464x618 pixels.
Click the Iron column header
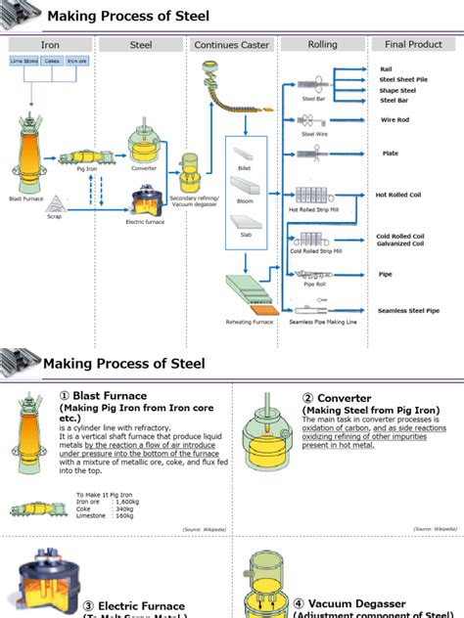(x=50, y=45)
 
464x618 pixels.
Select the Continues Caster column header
(x=231, y=45)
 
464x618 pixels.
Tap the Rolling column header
(x=322, y=44)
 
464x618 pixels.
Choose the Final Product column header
(x=413, y=44)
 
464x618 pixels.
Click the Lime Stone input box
(x=23, y=61)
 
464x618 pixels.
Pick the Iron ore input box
(x=76, y=61)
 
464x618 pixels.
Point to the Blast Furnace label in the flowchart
(x=26, y=199)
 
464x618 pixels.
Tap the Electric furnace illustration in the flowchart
(x=144, y=201)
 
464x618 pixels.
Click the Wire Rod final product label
(x=394, y=120)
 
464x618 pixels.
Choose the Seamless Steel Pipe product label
(x=408, y=311)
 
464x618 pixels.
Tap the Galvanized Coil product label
(x=399, y=244)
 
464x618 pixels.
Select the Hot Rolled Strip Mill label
(x=314, y=208)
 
